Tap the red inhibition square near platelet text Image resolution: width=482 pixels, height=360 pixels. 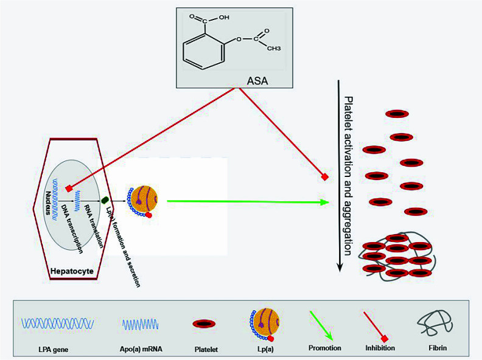click(325, 177)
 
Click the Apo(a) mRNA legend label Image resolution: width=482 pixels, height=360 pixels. click(142, 348)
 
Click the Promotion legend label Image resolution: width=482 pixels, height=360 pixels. click(324, 348)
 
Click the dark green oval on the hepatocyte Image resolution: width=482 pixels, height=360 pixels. click(105, 199)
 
